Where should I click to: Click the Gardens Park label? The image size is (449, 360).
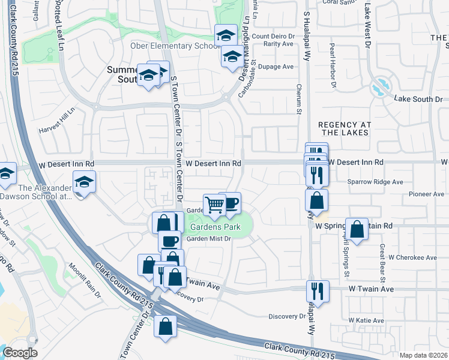point(215,227)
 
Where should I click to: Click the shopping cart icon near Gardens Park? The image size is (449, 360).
point(214,205)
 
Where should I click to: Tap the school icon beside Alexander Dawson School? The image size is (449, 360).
point(84,181)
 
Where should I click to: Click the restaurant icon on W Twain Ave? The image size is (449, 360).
point(317,291)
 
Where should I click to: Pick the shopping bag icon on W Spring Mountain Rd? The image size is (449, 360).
point(357,229)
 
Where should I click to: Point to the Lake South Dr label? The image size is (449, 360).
point(418,98)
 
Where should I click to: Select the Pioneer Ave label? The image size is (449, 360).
point(426,194)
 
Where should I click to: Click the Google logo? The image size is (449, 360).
point(20,352)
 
